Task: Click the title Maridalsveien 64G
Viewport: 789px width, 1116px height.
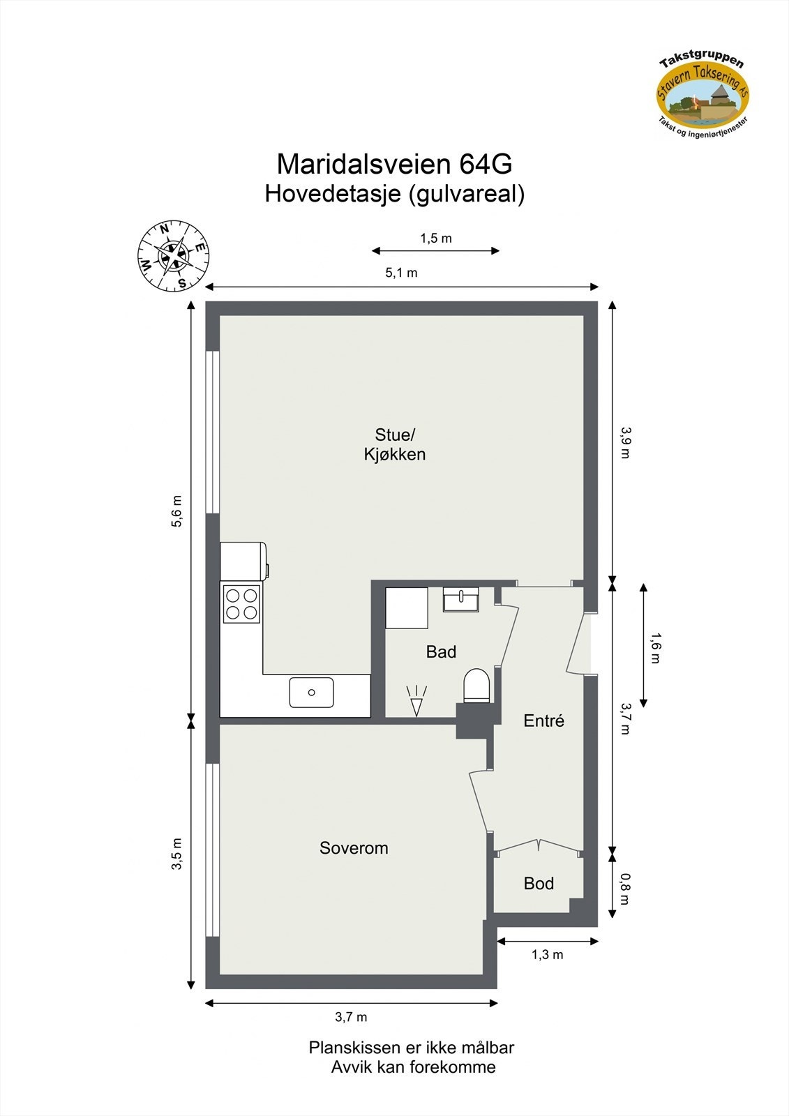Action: point(394,165)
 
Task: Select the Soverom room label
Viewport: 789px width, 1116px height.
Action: point(354,848)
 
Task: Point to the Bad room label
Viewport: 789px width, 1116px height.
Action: point(441,652)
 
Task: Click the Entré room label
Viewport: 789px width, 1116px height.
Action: point(543,721)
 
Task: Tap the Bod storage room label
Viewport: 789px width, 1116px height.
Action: point(539,884)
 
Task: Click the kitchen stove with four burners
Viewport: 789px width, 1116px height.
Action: point(241,603)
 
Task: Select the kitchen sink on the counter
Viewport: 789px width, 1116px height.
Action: point(311,693)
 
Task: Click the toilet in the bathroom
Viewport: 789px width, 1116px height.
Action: point(477,686)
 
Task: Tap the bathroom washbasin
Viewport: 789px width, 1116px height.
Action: point(461,599)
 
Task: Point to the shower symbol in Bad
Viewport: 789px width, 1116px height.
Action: point(416,701)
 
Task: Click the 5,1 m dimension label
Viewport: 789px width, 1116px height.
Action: point(401,273)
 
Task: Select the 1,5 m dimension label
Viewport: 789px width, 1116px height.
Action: point(435,239)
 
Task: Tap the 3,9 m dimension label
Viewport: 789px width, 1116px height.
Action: point(624,442)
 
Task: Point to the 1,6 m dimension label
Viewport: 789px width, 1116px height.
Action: point(654,648)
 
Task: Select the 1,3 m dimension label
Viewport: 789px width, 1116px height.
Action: point(547,955)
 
